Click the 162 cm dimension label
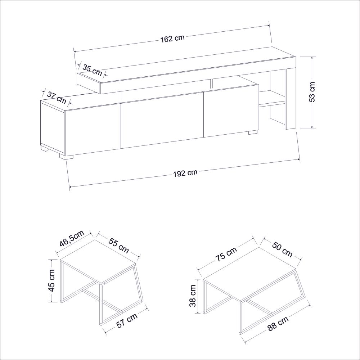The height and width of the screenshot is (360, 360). (x=172, y=38)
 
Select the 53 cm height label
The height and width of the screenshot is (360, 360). (x=312, y=92)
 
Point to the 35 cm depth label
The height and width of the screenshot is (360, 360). (x=92, y=70)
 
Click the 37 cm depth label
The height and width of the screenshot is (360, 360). (x=57, y=97)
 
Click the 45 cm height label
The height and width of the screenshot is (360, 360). (x=51, y=280)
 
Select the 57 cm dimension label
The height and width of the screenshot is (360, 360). (x=127, y=320)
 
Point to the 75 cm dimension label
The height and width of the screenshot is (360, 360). (x=226, y=254)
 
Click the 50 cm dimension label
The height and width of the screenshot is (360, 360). (x=282, y=249)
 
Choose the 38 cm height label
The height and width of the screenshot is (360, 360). (x=193, y=296)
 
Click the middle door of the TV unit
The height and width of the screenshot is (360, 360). (x=162, y=120)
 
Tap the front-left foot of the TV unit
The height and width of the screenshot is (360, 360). (x=66, y=156)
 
